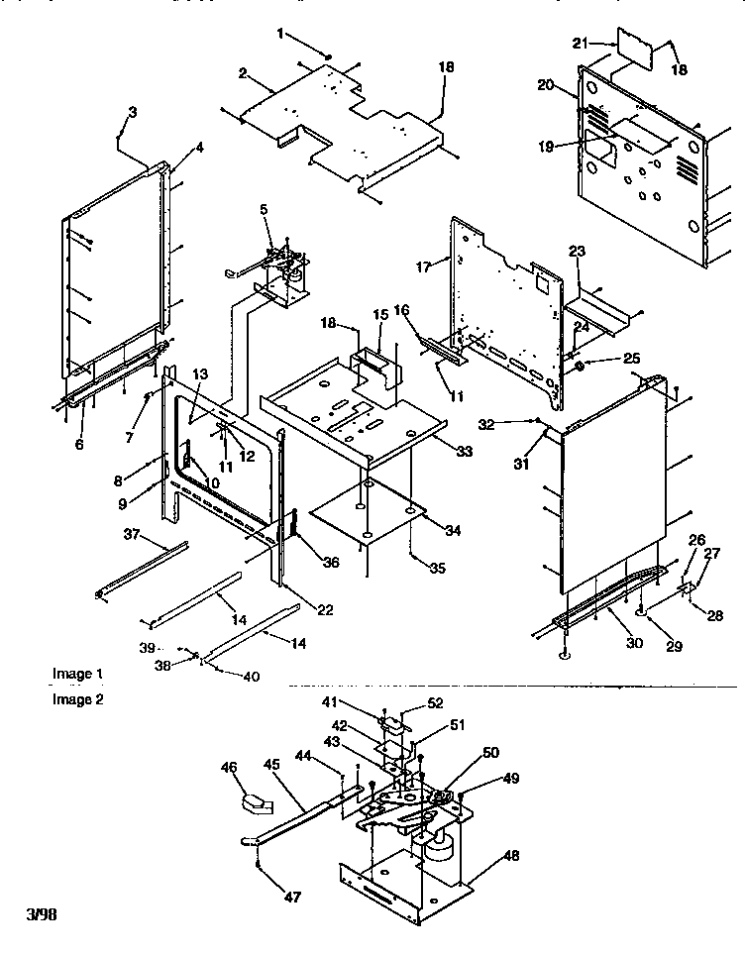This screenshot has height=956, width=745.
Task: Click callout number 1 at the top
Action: tap(280, 34)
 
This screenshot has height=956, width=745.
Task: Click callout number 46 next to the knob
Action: tap(229, 767)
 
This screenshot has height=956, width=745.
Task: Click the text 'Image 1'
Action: tap(77, 674)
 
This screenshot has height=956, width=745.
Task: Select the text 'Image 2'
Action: tap(77, 698)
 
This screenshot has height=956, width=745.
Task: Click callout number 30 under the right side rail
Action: tap(634, 643)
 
